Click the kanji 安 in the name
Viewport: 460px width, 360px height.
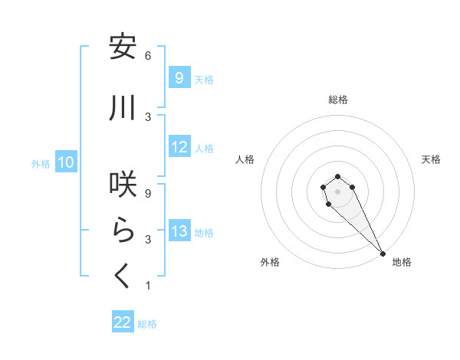point(123,47)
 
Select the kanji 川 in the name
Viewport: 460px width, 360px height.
point(123,109)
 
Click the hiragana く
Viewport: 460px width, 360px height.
point(123,276)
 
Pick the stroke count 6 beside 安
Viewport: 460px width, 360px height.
point(148,56)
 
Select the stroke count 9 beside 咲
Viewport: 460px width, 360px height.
point(148,194)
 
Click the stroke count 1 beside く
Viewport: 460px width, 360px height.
point(148,286)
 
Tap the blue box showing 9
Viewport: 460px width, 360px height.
point(179,78)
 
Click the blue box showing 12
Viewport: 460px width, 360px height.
point(179,147)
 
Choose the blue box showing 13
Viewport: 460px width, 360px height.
point(179,231)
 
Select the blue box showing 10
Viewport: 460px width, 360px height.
point(66,162)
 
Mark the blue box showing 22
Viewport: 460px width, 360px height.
point(123,322)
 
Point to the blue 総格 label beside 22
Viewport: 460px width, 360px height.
point(147,324)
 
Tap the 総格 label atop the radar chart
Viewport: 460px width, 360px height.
point(338,100)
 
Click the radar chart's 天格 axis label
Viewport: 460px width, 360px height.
point(431,159)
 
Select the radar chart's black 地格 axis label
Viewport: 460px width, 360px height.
point(402,262)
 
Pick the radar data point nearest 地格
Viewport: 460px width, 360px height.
point(383,254)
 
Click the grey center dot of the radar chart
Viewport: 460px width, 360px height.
point(338,191)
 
